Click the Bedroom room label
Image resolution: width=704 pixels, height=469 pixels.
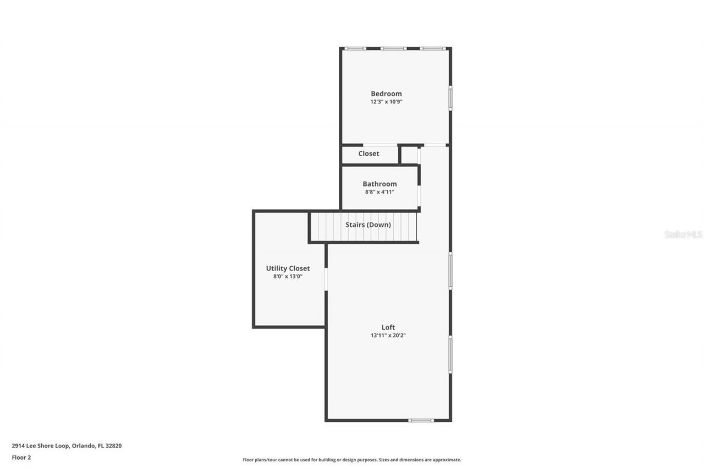[386, 93]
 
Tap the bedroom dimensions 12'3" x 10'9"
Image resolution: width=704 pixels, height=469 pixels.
[386, 102]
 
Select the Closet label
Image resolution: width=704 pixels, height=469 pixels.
[369, 153]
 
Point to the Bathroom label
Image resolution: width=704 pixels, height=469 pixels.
[380, 184]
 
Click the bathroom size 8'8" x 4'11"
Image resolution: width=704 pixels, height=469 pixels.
[380, 192]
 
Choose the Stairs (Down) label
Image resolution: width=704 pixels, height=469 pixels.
[368, 224]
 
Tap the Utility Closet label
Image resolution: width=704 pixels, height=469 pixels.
[288, 268]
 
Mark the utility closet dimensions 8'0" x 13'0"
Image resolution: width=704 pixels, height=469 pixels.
[288, 277]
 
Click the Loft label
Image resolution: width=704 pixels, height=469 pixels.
[388, 327]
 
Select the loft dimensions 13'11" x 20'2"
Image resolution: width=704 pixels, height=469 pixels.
[388, 335]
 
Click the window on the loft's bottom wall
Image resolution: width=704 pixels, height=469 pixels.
[421, 421]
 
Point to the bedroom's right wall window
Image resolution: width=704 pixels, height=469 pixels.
[450, 98]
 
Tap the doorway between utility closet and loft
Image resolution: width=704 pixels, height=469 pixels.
[326, 279]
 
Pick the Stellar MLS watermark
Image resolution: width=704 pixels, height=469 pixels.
[683, 234]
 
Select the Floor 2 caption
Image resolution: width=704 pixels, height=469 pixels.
[21, 457]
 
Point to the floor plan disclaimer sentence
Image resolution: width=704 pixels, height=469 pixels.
[352, 460]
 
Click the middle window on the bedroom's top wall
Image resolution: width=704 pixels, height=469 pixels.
[393, 48]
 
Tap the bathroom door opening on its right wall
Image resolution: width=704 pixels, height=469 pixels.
[419, 195]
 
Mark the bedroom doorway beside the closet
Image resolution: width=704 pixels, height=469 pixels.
[435, 145]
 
